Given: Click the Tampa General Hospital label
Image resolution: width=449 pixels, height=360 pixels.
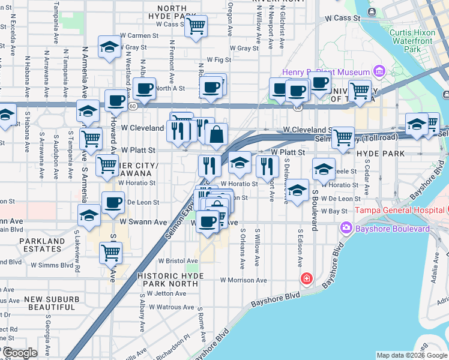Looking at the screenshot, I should point(401,210).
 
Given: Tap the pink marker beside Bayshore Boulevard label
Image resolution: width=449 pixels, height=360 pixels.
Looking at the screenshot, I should point(346,228).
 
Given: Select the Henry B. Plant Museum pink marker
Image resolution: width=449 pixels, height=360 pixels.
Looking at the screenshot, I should point(378,73).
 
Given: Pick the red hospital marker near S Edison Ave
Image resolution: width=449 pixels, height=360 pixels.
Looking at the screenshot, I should point(306,279).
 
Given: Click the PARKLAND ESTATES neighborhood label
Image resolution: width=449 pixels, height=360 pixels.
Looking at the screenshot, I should point(41,245).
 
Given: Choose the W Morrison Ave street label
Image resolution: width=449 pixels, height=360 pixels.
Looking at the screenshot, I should point(243,280).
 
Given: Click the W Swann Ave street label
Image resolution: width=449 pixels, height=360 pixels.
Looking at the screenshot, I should point(143,221).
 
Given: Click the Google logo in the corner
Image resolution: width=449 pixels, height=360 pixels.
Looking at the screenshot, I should point(20,353).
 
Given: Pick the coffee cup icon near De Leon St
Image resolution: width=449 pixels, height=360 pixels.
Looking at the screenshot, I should point(113,203).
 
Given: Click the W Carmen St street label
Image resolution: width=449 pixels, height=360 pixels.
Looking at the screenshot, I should point(139,36).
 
